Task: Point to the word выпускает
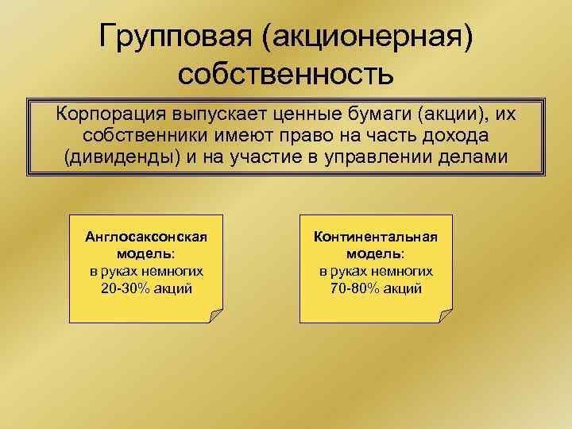[220, 114]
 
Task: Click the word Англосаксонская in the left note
[146, 237]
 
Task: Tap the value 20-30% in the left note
[124, 288]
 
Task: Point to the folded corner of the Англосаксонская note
[215, 315]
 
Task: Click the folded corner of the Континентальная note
[444, 315]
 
